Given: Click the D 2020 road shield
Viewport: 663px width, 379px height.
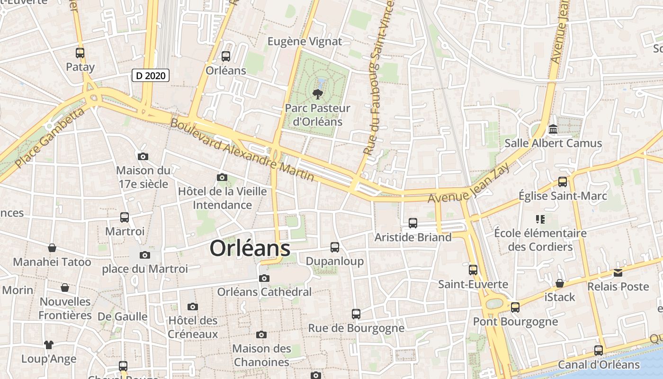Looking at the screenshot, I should (150, 75).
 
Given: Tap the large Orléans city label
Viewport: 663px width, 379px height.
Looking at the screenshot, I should (250, 248).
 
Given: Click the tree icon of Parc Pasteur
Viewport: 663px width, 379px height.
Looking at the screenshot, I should (318, 93).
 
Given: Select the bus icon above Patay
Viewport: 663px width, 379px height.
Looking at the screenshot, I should (80, 53).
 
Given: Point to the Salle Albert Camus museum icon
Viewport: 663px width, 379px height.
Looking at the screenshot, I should (553, 129).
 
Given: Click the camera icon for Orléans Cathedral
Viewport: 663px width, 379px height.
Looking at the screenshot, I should (264, 278).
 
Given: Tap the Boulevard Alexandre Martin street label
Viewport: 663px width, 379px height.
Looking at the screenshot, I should (242, 149).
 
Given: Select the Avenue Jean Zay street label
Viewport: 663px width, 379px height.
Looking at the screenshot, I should (468, 183).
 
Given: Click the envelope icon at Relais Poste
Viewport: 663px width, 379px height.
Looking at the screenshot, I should (618, 273).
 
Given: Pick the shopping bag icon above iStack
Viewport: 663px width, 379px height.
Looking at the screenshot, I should (560, 283).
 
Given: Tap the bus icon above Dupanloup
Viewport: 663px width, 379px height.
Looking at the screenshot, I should (335, 247).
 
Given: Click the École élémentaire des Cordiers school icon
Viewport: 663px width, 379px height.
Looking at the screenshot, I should (540, 219).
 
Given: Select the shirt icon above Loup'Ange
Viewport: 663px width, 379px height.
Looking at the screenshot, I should (49, 344).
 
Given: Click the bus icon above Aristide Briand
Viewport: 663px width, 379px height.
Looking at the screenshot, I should (413, 223).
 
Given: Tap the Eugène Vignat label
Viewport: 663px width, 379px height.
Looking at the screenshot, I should (305, 41).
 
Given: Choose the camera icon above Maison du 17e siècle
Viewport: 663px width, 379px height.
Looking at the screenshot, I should (143, 156).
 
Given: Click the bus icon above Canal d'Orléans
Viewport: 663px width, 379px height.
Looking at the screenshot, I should (599, 351).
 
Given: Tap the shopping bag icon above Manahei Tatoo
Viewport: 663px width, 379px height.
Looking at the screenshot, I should (52, 248).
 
